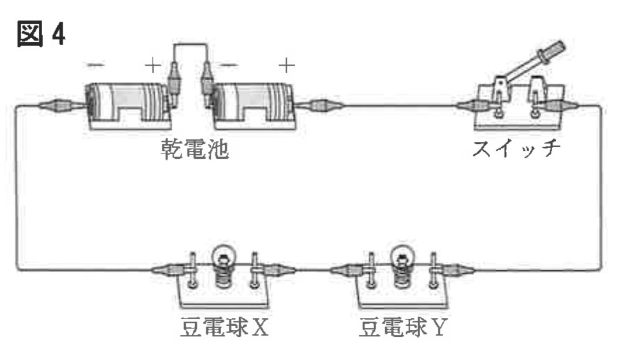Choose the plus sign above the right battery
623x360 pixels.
pos(286,65)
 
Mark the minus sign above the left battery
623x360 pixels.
pos(94,65)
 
